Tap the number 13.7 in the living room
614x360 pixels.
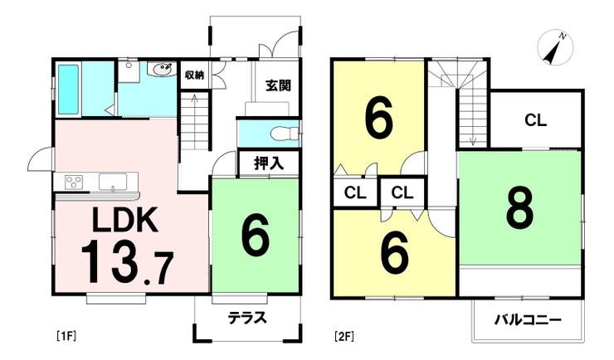127,262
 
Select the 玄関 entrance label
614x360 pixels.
279,85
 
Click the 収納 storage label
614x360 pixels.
195,75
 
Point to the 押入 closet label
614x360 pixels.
269,163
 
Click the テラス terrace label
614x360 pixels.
247,318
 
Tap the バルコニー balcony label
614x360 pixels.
528,320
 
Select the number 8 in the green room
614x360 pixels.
519,207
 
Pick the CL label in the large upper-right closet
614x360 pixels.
535,120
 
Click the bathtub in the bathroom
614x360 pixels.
69,90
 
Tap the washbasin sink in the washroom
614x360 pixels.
161,70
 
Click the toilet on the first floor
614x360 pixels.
284,134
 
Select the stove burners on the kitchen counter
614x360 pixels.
74,182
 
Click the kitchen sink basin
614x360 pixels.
113,182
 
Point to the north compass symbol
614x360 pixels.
555,49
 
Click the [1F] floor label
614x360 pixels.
66,336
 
